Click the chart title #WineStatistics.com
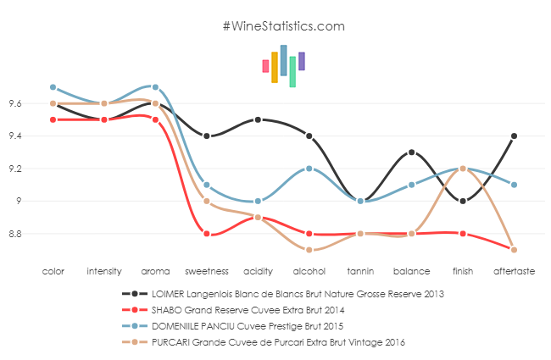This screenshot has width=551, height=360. [283, 26]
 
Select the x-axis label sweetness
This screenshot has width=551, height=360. [206, 272]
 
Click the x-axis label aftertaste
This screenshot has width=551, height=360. [515, 272]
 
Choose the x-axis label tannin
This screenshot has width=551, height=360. [360, 272]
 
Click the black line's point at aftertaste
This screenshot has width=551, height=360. [515, 136]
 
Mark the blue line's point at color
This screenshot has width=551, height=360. [53, 87]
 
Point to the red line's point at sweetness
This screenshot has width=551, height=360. [207, 234]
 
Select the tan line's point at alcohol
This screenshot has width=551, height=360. [309, 250]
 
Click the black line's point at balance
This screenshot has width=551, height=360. [412, 152]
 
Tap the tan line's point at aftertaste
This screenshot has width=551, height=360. [515, 250]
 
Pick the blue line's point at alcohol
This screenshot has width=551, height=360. [309, 169]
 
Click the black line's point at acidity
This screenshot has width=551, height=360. [258, 119]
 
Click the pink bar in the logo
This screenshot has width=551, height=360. [265, 66]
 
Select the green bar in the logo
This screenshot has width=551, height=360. [292, 72]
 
